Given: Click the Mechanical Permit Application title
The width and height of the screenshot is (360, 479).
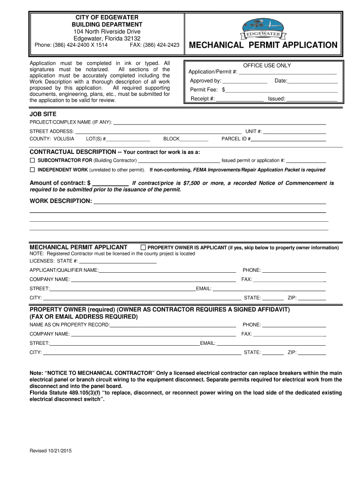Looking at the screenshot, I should point(262,45).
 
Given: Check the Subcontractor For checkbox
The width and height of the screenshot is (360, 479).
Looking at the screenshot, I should point(33,160).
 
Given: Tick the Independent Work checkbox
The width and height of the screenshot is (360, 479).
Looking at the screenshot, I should point(33,169).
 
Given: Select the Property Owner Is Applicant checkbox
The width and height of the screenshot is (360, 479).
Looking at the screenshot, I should point(144,247).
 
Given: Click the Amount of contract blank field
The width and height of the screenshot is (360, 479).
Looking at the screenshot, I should point(111,183).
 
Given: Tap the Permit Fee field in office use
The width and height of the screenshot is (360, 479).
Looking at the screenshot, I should point(281,89).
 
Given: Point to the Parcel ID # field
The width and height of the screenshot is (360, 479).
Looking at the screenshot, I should point(288,139).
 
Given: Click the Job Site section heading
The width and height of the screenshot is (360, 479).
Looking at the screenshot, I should point(43,114).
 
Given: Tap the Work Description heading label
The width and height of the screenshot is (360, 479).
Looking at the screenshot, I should point(61,201).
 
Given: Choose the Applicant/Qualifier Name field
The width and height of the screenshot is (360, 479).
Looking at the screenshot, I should point(167,270).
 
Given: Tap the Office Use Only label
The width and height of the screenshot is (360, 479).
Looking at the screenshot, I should point(267,65).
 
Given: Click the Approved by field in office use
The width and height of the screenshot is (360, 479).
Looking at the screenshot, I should point(245,81).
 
